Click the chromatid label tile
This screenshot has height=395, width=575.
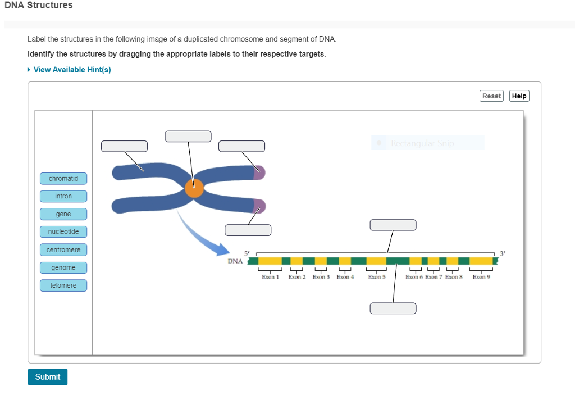coord(63,179)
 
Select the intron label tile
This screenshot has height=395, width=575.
coord(63,196)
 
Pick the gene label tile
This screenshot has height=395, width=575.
coord(63,214)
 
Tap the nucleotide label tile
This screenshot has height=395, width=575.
coord(63,231)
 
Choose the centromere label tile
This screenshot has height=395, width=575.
coord(63,249)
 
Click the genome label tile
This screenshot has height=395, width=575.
coord(63,267)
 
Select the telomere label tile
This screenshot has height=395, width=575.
coord(63,285)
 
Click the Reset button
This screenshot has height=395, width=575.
coord(491,96)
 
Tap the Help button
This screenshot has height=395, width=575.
coord(519,96)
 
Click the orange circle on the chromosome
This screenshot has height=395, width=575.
coord(194,188)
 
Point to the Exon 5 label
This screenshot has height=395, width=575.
coord(377,277)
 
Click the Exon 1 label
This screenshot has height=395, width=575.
coord(270,277)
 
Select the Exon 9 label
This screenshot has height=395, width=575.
coord(481,277)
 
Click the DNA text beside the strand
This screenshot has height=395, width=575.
coord(235,261)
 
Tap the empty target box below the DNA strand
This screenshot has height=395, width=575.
coord(393,308)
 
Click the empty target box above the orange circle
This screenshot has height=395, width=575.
coord(188,137)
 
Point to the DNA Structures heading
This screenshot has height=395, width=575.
coord(39,5)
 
